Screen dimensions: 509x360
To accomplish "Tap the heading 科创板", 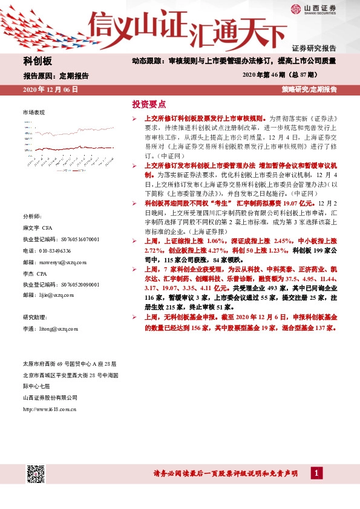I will tap(38, 61).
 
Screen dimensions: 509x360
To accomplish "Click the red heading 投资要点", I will tap(149, 103).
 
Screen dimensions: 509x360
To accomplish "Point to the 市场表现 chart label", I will tap(34, 113).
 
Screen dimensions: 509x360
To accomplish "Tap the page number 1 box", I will tap(316, 473).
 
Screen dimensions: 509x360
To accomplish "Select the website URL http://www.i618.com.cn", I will tap(49, 409).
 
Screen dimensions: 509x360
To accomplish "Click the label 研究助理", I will tap(35, 317).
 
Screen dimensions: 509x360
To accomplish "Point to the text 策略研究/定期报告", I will tap(309, 89).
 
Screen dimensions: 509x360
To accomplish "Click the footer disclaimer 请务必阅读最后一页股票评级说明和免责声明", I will tap(225, 473).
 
